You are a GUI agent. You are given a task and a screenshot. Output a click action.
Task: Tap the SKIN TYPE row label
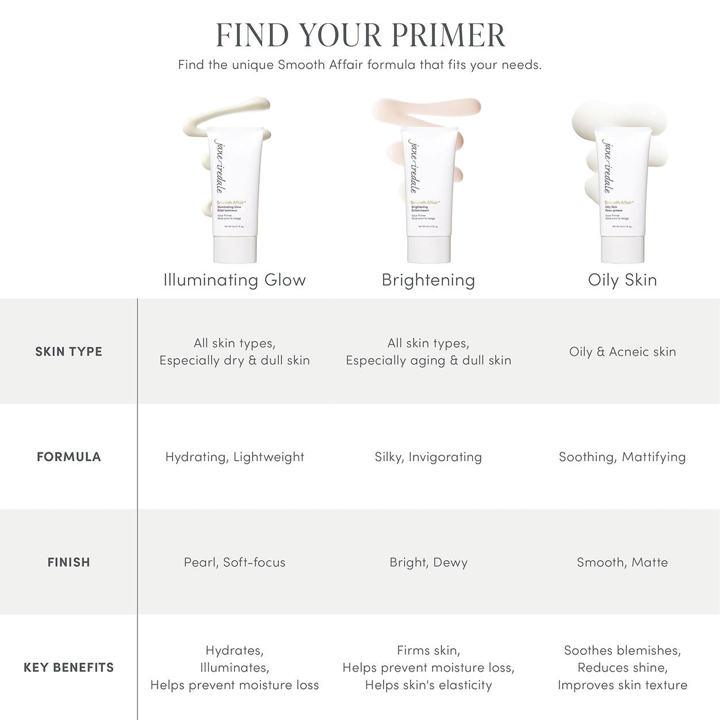pyautogui.click(x=68, y=351)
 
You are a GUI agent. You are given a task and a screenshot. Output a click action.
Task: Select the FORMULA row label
pyautogui.click(x=68, y=457)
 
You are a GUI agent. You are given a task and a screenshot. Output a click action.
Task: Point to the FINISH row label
pyautogui.click(x=68, y=562)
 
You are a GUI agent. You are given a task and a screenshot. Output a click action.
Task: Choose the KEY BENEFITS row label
pyautogui.click(x=68, y=667)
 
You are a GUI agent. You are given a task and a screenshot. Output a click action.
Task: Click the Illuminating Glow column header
pyautogui.click(x=235, y=280)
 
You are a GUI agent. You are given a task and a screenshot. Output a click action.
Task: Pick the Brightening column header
pyautogui.click(x=428, y=280)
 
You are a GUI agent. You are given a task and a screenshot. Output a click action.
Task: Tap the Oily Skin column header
pyautogui.click(x=622, y=280)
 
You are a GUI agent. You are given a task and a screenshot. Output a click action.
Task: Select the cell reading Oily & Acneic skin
pyautogui.click(x=622, y=351)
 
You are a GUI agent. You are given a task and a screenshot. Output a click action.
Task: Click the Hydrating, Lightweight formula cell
pyautogui.click(x=235, y=457)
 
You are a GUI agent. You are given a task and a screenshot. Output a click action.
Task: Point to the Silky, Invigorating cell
pyautogui.click(x=428, y=457)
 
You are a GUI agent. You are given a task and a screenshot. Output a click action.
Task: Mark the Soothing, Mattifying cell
pyautogui.click(x=622, y=457)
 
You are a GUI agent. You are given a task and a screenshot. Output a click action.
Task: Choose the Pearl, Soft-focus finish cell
pyautogui.click(x=235, y=562)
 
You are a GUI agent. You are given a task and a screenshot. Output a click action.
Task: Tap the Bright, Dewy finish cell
pyautogui.click(x=428, y=562)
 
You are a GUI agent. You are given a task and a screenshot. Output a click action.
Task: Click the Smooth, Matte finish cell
pyautogui.click(x=622, y=562)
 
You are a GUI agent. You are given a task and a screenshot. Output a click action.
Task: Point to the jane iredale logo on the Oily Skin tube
pyautogui.click(x=607, y=166)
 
